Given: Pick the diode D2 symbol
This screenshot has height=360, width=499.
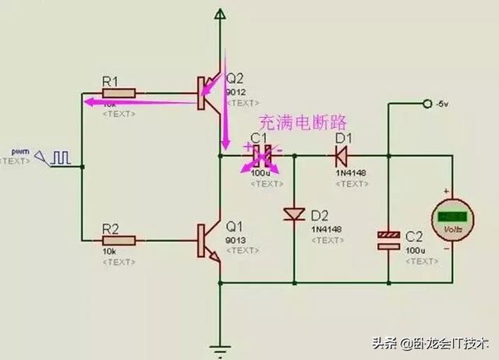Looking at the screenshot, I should coord(294,214).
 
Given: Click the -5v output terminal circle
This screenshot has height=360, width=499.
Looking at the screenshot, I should coord(426,104).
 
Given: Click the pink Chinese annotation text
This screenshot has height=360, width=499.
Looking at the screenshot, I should coord(302,123).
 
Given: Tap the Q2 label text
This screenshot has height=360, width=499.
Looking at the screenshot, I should coord(235,78).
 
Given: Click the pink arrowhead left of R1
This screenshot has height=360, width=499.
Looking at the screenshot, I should coord(87,101).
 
